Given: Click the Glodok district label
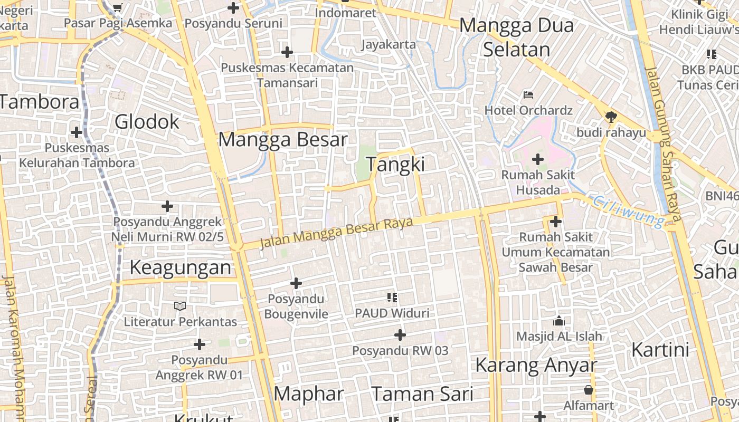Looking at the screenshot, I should (147, 122).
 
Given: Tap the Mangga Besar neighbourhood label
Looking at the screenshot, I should (283, 140).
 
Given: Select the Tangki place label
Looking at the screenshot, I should (395, 165).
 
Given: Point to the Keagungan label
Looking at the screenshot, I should (181, 268).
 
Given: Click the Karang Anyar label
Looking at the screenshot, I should (536, 365).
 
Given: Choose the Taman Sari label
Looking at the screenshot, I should (422, 394).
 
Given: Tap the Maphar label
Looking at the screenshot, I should (309, 394).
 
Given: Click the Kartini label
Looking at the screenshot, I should (660, 350).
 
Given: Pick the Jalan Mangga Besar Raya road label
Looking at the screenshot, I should (336, 233).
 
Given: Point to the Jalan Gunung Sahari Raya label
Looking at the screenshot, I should (664, 143).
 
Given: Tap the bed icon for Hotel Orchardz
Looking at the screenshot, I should (528, 95).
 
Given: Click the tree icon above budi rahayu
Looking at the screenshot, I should (611, 117).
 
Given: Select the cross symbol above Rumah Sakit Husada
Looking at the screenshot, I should (538, 159).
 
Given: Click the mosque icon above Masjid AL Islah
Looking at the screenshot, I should (558, 321).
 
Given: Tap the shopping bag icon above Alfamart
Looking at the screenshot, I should (589, 390).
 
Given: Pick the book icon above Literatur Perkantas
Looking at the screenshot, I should (180, 306).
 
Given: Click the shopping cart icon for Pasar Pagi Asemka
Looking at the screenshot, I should (118, 7).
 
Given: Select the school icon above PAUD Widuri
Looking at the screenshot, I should (392, 298).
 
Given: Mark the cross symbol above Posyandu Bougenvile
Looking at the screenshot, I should (296, 284).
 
